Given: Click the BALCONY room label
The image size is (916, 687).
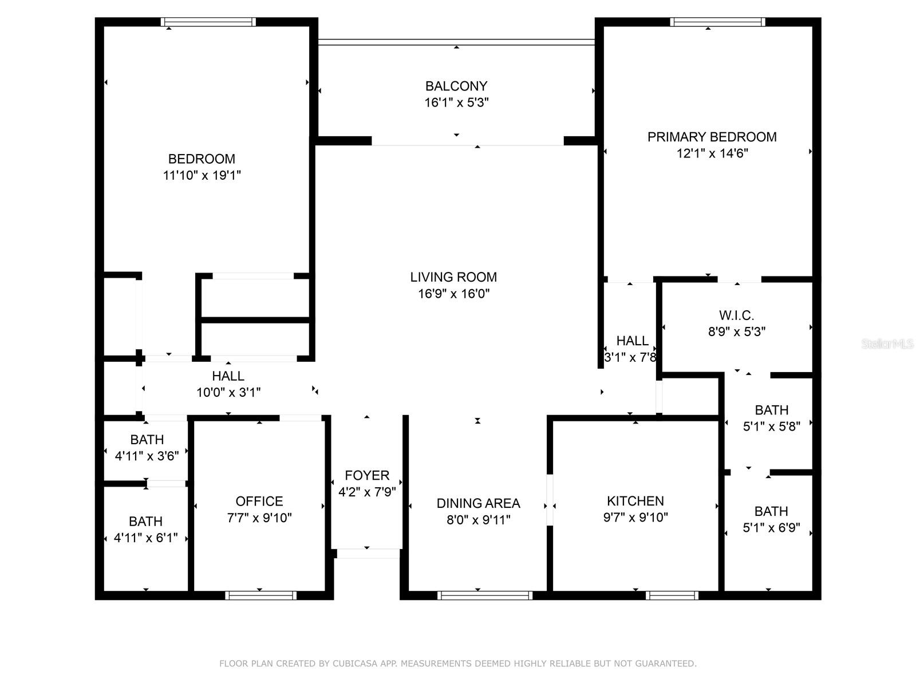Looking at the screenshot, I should (456, 86).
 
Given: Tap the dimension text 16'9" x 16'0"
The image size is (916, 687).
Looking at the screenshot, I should (453, 294).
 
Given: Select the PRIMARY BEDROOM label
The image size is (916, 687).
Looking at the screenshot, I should (712, 137).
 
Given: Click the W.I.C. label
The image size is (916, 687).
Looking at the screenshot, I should (736, 315).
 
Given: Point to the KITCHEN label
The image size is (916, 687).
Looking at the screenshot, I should (635, 501).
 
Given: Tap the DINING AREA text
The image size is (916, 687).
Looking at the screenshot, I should (478, 503).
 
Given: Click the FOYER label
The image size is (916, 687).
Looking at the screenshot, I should (367, 475).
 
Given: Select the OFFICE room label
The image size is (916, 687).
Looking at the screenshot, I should (259, 502).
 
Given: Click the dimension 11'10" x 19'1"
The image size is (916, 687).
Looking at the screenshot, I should (202, 175).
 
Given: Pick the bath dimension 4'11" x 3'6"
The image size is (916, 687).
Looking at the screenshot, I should (147, 456).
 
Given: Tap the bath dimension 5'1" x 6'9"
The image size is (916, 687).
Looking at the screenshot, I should (771, 528).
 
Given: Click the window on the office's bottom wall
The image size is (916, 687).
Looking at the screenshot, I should (260, 595).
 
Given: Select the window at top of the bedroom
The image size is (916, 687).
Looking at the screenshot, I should (208, 22).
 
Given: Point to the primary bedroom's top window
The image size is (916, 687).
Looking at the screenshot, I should (717, 22).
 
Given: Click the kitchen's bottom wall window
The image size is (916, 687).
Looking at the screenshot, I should (672, 595).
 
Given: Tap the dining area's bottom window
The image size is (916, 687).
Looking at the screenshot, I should (485, 595).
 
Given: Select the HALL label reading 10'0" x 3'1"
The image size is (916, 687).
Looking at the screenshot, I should (228, 376).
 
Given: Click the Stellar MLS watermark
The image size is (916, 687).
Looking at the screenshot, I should (887, 344).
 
